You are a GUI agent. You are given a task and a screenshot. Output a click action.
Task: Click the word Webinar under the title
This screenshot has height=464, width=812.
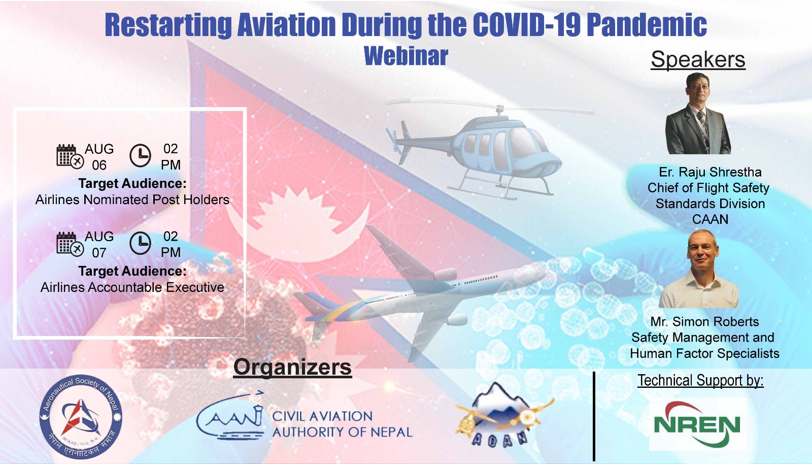[x=406, y=56]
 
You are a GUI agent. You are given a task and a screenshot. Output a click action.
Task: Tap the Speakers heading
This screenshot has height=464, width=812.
[x=698, y=59]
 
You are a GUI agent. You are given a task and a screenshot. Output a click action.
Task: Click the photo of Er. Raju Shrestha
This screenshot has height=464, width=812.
[x=698, y=114]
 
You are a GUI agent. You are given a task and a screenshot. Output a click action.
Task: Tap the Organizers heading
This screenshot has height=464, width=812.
[x=292, y=367]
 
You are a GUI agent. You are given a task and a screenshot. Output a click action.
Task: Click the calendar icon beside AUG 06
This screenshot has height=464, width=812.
[x=69, y=156]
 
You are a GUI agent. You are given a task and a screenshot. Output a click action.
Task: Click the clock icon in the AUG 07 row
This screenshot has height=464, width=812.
[x=140, y=243]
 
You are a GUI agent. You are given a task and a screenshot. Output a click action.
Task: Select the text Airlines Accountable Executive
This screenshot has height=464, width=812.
[x=132, y=287]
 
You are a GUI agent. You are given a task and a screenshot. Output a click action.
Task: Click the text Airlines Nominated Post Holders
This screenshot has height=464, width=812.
[x=132, y=200]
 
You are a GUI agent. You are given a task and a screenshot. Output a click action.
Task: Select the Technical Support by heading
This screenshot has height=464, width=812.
[x=700, y=380]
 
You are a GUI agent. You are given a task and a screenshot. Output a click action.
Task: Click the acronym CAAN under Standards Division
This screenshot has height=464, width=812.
[x=710, y=219]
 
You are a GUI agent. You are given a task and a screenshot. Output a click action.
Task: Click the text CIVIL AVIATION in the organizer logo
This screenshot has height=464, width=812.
[x=322, y=416]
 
